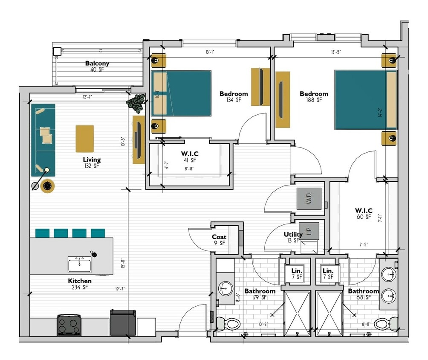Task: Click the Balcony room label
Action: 97,64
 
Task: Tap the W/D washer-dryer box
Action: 309,198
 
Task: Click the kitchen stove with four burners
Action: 69,325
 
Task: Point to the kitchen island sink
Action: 79,265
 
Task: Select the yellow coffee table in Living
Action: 85,139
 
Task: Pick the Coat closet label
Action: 219,237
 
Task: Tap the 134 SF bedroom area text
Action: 234,101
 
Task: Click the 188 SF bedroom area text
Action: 314,101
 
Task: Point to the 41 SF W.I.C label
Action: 190,157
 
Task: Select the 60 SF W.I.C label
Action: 364,214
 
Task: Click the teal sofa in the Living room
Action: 43,139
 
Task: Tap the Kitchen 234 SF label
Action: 80,284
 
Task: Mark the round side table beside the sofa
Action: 47,186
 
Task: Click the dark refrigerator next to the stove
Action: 123,323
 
